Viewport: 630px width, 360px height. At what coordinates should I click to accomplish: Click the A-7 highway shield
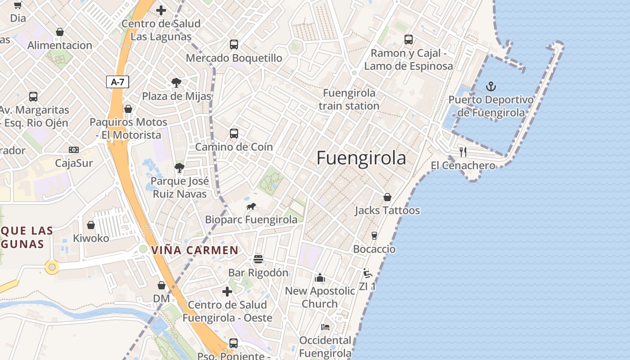117,82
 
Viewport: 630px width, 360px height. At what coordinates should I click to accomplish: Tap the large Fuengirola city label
361,158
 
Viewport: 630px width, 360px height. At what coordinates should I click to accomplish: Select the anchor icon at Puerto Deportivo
491,86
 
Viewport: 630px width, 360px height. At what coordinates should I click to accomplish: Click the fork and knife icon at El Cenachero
463,152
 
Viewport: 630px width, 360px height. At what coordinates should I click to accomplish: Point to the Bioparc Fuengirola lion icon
251,207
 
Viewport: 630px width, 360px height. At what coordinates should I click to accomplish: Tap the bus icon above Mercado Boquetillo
234,45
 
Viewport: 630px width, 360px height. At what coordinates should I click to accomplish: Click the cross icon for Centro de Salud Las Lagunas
161,10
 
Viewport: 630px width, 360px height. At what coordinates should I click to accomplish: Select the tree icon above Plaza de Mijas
176,83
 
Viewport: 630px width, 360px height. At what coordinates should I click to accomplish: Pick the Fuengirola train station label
349,99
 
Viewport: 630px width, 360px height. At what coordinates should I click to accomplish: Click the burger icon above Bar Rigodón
258,259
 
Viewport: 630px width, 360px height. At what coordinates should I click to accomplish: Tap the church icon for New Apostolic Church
320,278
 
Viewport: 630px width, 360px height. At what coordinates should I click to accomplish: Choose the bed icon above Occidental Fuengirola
325,327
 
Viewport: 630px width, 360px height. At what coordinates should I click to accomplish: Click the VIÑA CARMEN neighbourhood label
195,250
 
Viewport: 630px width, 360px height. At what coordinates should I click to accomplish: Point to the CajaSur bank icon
74,150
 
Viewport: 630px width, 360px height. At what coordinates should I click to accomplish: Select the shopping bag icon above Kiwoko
91,225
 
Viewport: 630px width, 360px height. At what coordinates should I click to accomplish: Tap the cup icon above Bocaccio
374,235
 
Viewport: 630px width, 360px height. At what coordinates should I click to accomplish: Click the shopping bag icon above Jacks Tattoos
387,197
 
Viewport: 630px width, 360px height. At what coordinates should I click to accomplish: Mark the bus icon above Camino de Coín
234,133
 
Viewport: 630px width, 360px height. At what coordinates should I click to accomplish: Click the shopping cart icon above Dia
18,5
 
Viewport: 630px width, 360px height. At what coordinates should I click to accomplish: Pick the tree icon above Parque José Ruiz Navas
180,168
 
